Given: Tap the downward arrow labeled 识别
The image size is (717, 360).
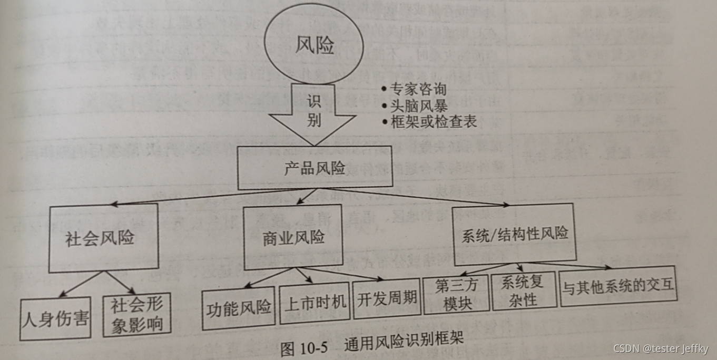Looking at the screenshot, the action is (x=315, y=113).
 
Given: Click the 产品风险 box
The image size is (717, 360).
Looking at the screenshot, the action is (x=315, y=168).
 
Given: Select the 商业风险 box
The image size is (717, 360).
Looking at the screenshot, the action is (x=293, y=237).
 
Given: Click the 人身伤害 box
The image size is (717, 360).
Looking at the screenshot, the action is (x=55, y=318).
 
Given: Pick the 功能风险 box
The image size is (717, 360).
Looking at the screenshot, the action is (x=239, y=307).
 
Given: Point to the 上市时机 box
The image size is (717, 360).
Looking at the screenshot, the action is (x=315, y=303).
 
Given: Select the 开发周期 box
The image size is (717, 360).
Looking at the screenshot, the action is (x=387, y=298).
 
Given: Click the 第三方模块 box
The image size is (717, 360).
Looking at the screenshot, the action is (x=456, y=294).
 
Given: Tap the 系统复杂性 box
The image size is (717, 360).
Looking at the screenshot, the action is (x=524, y=291).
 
